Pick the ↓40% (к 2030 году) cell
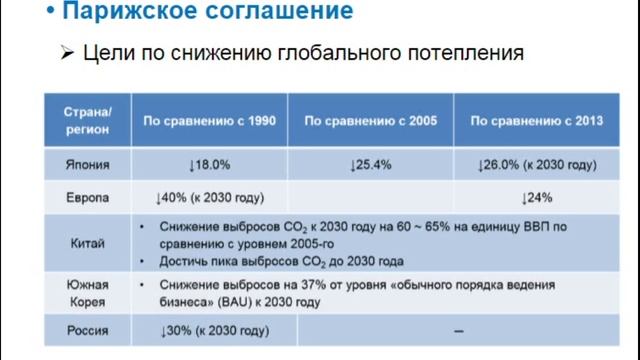[208, 196]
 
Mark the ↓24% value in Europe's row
[537, 196]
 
